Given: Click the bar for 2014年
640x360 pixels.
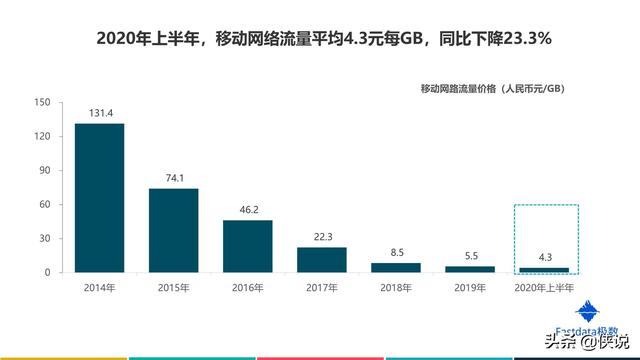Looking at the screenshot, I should coord(100,197).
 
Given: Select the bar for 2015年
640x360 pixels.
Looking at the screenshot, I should coord(174,230).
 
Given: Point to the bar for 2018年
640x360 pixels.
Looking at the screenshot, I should coord(396,267).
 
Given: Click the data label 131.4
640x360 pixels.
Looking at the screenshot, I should coord(100,113).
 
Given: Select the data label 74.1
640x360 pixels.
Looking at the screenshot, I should coord(174,178).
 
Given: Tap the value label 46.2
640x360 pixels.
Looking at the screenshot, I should coord(248,210).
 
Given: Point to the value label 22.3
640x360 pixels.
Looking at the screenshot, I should coord(322,237).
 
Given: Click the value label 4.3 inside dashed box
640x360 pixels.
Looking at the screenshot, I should coord(544,257).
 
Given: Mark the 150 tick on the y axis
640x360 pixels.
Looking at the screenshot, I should coord(41,102).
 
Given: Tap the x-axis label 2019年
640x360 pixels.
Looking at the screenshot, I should coord(470,288).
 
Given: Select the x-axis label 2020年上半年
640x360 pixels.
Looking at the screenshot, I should coord(544,288).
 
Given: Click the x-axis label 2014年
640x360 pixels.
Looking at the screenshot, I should coord(100,288).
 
